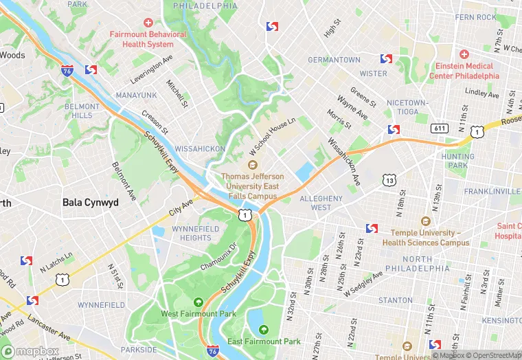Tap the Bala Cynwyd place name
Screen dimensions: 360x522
tap(90, 203)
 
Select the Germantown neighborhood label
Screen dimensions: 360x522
tap(334, 60)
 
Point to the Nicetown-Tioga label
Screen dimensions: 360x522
tap(407, 107)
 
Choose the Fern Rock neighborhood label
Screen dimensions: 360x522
tap(475, 17)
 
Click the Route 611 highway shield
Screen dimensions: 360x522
tap(438, 128)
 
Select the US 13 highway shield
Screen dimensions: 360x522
tap(389, 180)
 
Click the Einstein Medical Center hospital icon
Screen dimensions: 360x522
tap(464, 54)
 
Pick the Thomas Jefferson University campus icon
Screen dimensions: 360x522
tap(252, 165)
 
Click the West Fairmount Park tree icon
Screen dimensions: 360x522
tap(198, 302)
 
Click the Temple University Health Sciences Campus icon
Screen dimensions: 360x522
tap(425, 221)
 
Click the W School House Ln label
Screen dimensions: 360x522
tap(273, 134)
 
